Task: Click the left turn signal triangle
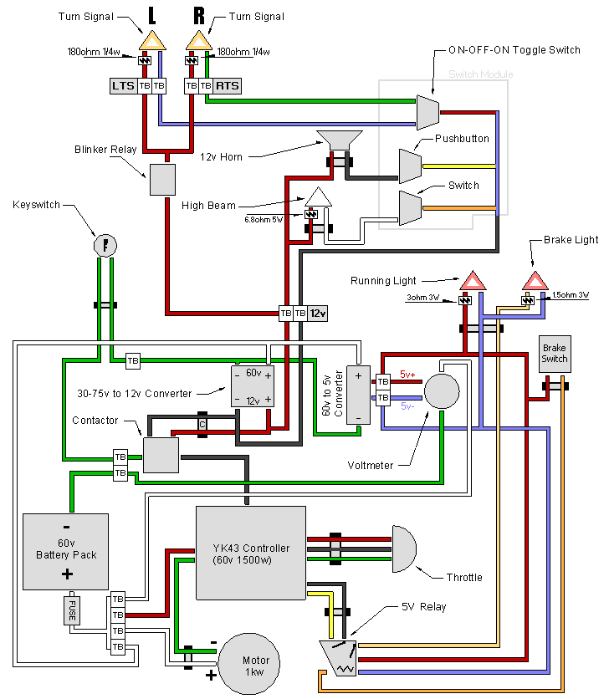(152, 40)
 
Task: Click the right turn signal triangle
(199, 40)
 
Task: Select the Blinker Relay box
(162, 179)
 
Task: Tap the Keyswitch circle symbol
(105, 244)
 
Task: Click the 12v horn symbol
(339, 140)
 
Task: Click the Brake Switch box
(554, 354)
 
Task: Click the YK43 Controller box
(251, 553)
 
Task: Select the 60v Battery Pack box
(66, 552)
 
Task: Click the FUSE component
(73, 611)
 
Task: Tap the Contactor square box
(161, 455)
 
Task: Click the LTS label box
(124, 85)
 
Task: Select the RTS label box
(227, 85)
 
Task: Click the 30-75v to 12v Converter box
(252, 386)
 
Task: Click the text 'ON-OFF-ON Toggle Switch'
(514, 50)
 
